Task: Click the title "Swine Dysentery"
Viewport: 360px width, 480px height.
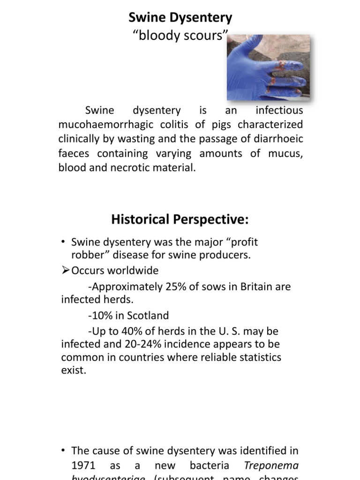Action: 180,18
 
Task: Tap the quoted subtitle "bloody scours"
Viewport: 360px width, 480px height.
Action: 180,36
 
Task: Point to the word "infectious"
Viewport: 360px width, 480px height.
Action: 279,111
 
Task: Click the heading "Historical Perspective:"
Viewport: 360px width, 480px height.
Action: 180,219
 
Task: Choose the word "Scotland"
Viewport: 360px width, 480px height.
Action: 149,315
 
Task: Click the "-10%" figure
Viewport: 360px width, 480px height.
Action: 99,315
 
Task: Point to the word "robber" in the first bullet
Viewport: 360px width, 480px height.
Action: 86,255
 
